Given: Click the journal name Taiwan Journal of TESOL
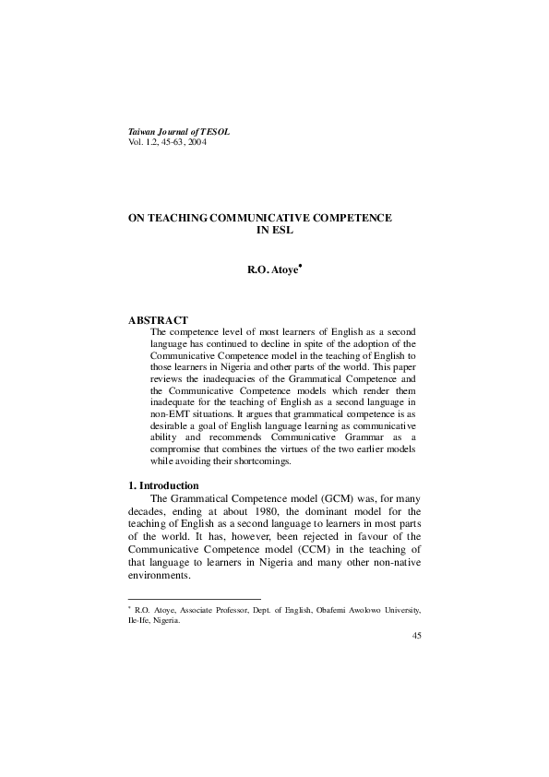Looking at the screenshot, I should (178, 133).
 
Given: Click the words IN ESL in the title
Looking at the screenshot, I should (273, 229).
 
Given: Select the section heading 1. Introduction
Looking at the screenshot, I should (163, 485).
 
